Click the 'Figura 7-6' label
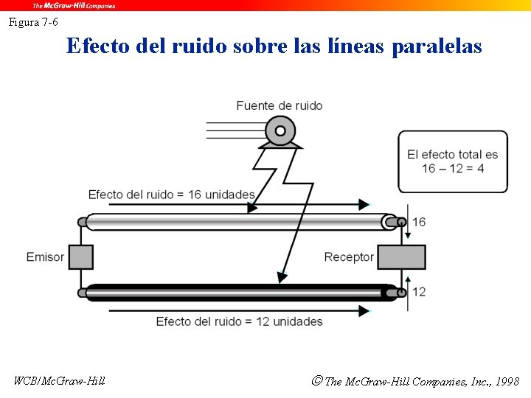[33, 22]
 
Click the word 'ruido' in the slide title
[198, 46]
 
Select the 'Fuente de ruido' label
[279, 105]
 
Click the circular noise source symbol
[280, 133]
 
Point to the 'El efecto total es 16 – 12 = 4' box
[453, 161]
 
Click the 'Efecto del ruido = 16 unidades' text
[171, 195]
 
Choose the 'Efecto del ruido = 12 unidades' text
[239, 321]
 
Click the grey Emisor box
[80, 256]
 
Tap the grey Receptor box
[402, 256]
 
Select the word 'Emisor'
[45, 256]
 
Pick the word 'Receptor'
[349, 256]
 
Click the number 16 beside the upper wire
[419, 222]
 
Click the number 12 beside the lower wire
[419, 292]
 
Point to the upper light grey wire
[236, 221]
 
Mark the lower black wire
[236, 293]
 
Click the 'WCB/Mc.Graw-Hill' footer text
[60, 381]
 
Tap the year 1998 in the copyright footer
[507, 382]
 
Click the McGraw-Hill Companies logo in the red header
[73, 5]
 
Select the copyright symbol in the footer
[317, 381]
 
